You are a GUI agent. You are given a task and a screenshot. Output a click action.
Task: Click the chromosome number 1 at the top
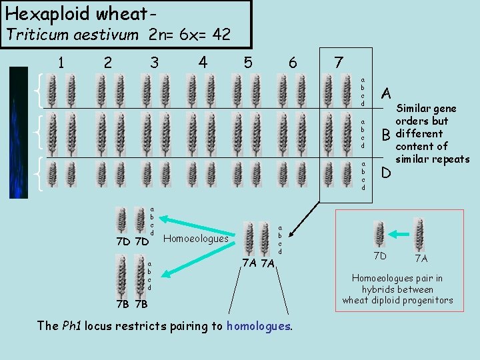61,63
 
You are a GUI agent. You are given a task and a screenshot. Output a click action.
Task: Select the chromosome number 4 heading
203,61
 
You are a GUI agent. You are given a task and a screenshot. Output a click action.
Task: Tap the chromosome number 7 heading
339,63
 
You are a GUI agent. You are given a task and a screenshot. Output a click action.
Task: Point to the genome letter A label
386,93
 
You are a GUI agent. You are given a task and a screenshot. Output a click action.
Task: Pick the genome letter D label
386,175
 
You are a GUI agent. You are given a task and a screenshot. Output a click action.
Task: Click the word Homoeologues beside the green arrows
195,238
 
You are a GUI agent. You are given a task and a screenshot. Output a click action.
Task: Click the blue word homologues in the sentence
258,325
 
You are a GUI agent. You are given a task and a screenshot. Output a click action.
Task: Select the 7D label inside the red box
379,256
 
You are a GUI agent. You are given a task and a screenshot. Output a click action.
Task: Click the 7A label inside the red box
422,257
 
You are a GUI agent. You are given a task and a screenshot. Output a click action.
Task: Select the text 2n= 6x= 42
190,35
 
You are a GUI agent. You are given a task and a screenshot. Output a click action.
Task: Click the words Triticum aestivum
73,35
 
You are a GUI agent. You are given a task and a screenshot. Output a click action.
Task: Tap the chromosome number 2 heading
108,63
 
